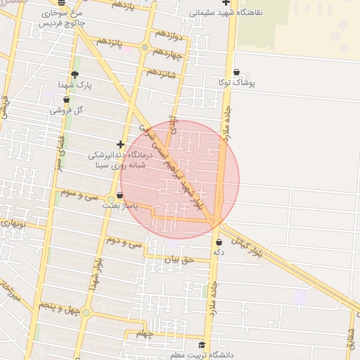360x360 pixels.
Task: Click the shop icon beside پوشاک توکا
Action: coord(236,72)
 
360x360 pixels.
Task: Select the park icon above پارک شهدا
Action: coord(75,74)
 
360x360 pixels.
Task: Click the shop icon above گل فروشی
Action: coord(66,100)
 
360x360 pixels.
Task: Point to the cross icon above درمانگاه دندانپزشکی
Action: coord(120,144)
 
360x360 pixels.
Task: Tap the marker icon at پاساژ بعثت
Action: coord(110,198)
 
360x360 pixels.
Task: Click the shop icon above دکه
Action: coord(219,242)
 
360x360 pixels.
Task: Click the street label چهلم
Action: coord(144,333)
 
